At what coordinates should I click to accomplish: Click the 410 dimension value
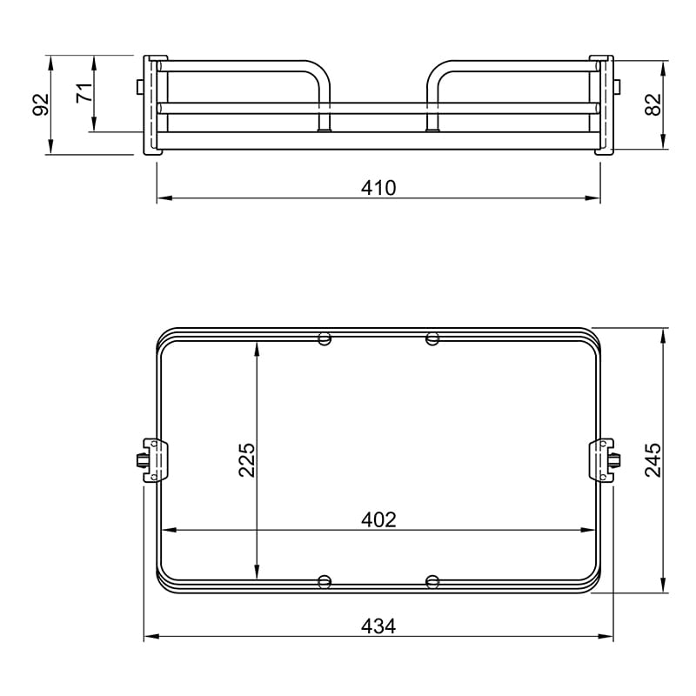tap(378, 188)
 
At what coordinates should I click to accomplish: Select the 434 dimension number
tap(378, 626)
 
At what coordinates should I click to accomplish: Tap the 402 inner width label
tap(378, 519)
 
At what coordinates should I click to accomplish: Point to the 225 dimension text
tap(247, 460)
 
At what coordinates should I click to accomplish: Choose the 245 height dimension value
tap(653, 460)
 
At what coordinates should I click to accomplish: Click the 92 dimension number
tap(41, 104)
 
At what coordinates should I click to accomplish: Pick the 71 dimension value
tap(84, 92)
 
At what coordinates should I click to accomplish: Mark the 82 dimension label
tap(653, 104)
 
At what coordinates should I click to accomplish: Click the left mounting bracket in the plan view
tap(152, 460)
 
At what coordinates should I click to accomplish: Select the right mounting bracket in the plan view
tap(605, 460)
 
